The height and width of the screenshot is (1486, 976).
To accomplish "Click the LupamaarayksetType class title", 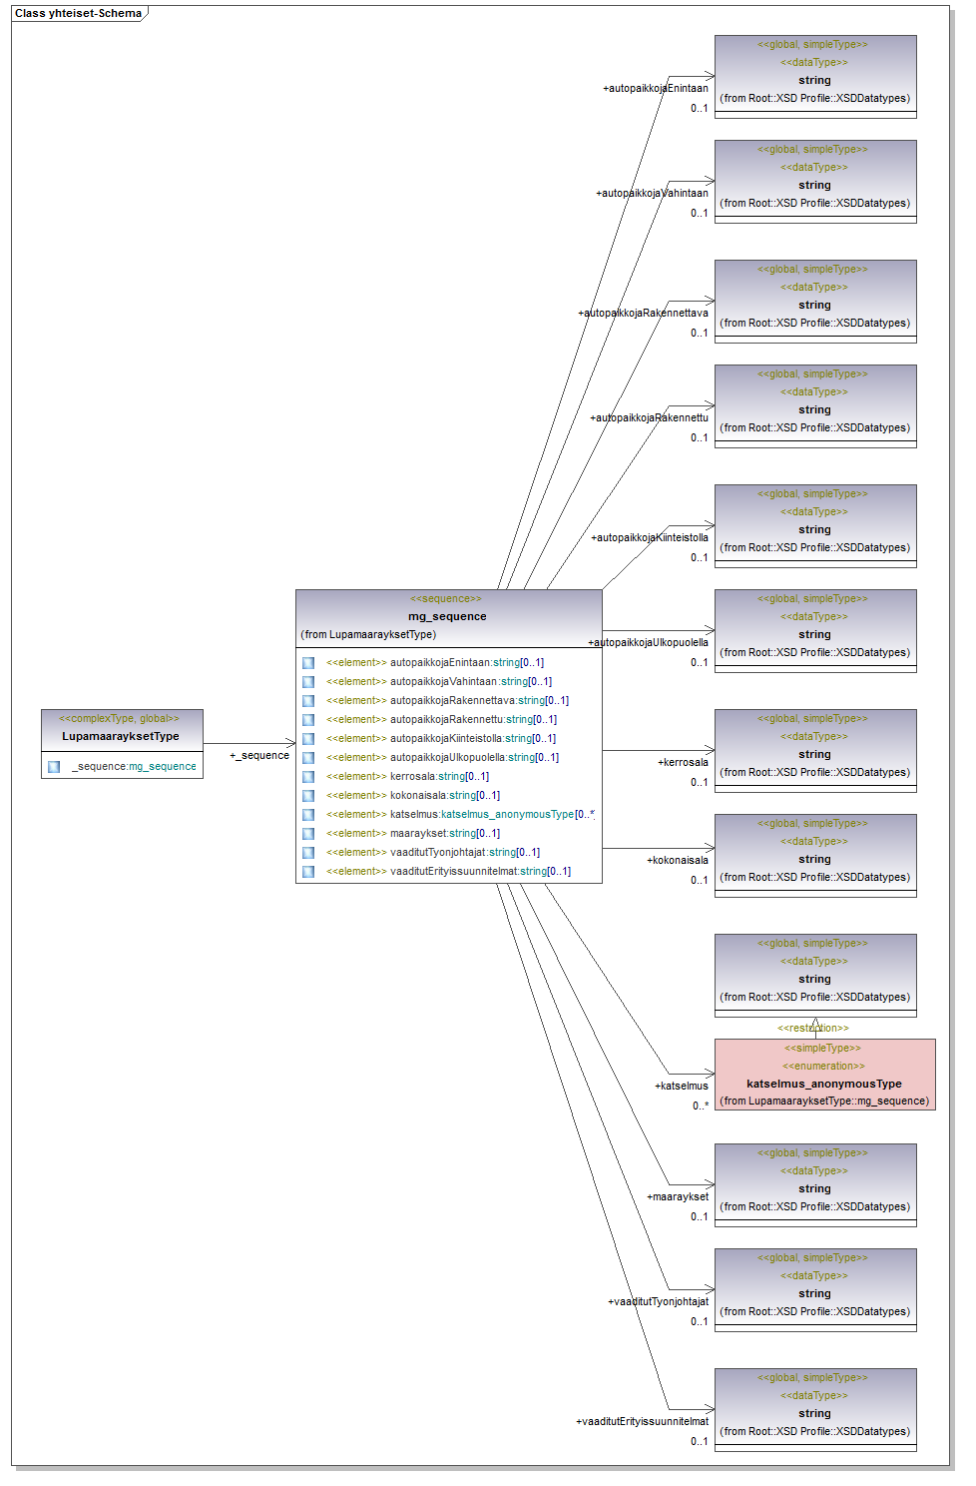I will [x=121, y=736].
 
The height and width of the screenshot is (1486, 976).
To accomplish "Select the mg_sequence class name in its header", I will [x=447, y=616].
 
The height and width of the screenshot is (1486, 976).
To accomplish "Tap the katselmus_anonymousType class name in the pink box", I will [x=823, y=1084].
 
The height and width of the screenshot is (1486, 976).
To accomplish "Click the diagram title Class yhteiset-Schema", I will [x=78, y=13].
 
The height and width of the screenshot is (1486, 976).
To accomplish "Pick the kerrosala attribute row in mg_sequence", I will [x=439, y=776].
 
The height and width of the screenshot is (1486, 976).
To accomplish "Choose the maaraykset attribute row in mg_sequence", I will [x=444, y=833].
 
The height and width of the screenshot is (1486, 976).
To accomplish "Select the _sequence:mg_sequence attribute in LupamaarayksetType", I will [x=134, y=766].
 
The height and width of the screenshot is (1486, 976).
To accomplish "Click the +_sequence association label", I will [x=259, y=755].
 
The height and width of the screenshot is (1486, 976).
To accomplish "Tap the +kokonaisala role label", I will [x=678, y=860].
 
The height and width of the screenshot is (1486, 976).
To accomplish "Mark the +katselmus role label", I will [x=682, y=1086].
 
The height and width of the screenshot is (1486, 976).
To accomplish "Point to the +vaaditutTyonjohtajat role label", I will [x=658, y=1301].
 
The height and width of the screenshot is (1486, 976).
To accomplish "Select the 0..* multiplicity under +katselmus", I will [x=701, y=1106].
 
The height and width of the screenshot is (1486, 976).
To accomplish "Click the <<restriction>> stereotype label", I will [x=813, y=1028].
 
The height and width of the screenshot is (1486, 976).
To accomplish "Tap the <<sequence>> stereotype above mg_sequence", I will [x=446, y=598].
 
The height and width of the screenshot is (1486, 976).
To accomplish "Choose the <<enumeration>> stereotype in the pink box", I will [x=823, y=1066].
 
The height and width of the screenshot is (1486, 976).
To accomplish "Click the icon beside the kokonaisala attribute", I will [x=308, y=795].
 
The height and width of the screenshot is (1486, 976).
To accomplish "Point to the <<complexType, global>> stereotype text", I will [x=119, y=718].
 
